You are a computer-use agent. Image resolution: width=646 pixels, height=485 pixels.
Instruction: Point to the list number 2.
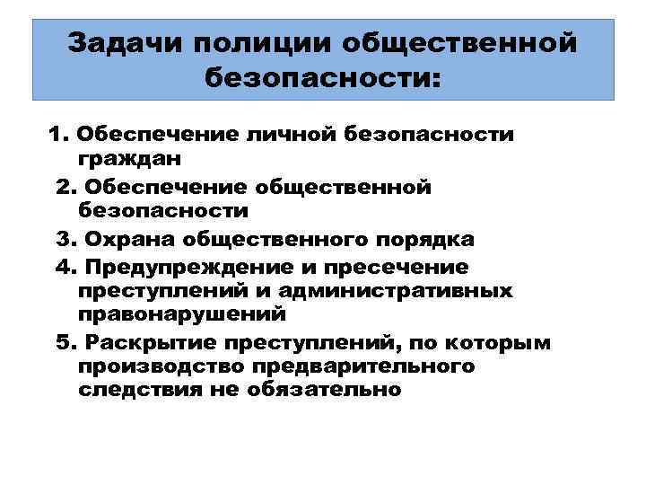(x=66, y=187)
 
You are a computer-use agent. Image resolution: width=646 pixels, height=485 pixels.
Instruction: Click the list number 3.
(x=66, y=240)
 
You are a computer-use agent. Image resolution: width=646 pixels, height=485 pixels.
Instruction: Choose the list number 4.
(x=66, y=267)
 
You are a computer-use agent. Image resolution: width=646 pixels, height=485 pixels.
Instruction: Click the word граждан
(x=129, y=160)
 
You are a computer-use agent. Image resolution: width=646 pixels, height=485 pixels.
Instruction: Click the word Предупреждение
(x=185, y=267)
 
